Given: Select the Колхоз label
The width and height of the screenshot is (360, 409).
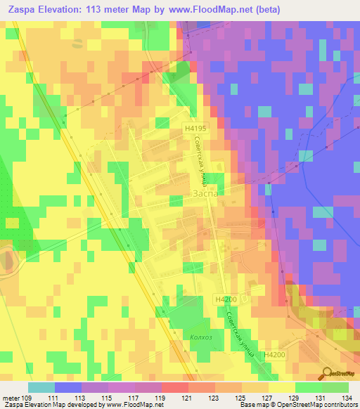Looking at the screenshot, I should [200, 337].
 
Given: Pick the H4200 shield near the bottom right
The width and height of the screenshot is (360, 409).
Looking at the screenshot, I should [275, 356].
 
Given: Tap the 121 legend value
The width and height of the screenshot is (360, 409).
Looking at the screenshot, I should [187, 398].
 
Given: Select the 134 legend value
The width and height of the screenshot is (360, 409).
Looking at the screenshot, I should [347, 398].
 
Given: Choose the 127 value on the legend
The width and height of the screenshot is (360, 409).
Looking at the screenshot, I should [266, 398].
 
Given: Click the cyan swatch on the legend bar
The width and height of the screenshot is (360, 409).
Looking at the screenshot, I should [41, 387].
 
